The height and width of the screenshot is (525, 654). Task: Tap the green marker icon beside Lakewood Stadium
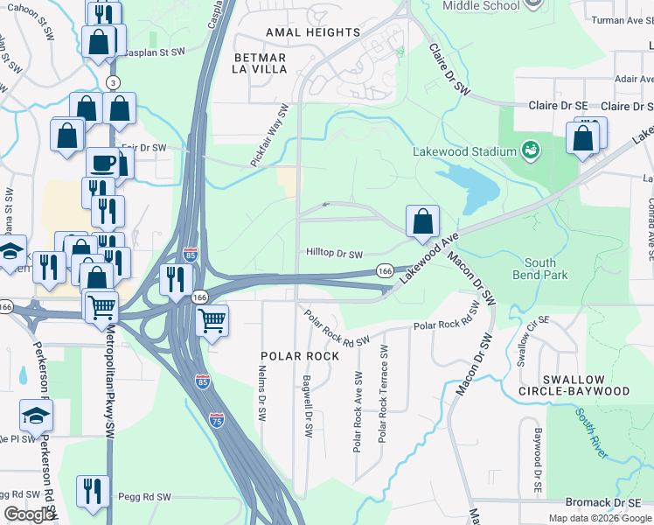point(530,150)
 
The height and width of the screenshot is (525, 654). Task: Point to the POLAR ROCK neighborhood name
point(299,356)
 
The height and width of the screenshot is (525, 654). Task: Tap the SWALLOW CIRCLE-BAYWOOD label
point(573,384)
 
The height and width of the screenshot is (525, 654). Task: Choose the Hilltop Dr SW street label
point(334,254)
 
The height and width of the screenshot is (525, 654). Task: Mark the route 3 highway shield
point(112,82)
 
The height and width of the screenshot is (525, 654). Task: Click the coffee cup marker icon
point(102,163)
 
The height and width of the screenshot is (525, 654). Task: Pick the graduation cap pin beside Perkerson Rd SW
point(37,415)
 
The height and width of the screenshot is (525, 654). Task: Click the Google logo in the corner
point(29,515)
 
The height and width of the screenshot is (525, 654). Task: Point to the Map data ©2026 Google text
point(599,518)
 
